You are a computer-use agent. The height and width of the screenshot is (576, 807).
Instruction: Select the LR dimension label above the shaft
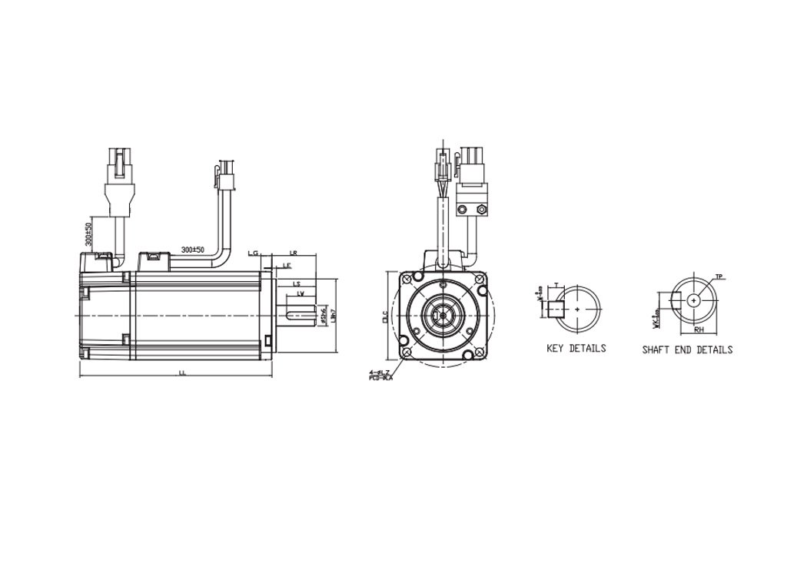[294, 253]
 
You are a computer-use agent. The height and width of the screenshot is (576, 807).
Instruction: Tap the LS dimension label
[297, 283]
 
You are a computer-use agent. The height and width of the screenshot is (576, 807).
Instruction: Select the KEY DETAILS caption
[576, 348]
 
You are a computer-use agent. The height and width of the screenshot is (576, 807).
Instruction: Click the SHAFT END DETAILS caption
[687, 349]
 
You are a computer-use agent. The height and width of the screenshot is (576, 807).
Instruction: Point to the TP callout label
[719, 276]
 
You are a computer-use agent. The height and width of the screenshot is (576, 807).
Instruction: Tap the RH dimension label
[699, 328]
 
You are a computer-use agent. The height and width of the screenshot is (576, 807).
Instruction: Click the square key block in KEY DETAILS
[555, 310]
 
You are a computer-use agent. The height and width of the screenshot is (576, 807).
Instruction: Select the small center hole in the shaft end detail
[695, 301]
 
